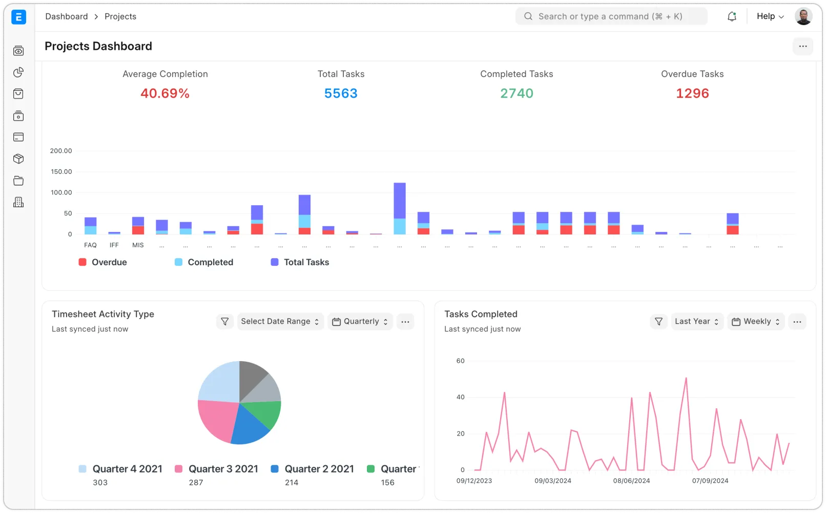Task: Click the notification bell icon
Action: click(732, 16)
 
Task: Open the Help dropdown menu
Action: click(770, 16)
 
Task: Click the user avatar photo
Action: click(803, 16)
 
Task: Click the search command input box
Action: click(611, 16)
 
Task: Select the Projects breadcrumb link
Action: click(120, 16)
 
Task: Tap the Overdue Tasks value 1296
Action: click(692, 93)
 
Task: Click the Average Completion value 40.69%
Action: click(165, 93)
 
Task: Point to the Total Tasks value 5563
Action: click(341, 93)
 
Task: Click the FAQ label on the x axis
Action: click(90, 245)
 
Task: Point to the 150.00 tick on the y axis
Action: click(61, 172)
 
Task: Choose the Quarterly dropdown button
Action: click(360, 322)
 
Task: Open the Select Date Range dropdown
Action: click(280, 322)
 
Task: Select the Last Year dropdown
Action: click(697, 322)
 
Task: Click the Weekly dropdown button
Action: click(756, 322)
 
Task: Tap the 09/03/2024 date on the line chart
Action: click(552, 481)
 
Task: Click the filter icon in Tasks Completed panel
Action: click(658, 322)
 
